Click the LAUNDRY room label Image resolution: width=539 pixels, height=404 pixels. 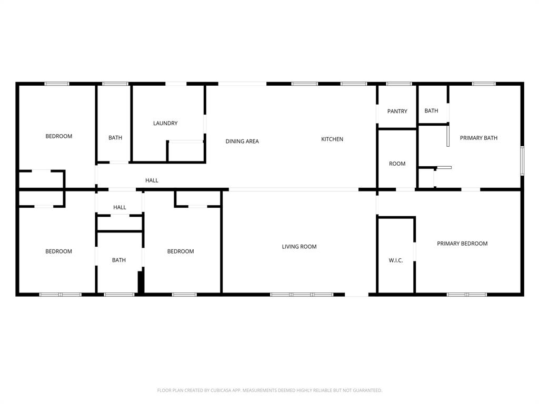pos(165,123)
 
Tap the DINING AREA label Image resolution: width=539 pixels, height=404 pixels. pos(242,141)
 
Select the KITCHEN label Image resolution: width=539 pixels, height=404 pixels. pos(332,139)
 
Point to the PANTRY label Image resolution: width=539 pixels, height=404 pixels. pos(397,111)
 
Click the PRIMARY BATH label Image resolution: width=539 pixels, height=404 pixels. pos(478,138)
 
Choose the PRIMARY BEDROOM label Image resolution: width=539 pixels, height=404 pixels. pos(462,243)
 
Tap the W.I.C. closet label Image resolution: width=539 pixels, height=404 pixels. pos(396,260)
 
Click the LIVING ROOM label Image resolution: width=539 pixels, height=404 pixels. pos(299,246)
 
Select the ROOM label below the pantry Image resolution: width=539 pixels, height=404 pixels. pos(397,164)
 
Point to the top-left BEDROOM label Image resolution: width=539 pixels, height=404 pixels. pos(58,136)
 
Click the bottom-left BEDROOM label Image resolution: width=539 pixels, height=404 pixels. pos(58,251)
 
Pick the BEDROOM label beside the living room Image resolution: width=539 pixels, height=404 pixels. pos(181,251)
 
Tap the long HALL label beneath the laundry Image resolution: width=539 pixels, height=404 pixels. pos(152,180)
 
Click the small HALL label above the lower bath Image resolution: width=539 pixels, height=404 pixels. pos(119,207)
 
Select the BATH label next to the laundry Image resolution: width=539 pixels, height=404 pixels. pos(115,138)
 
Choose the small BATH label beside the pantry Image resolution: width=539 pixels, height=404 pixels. pos(431,110)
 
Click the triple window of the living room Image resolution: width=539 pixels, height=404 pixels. pos(302,295)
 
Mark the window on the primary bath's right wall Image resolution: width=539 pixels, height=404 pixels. pos(522,161)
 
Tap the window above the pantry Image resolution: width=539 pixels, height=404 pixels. pos(399,84)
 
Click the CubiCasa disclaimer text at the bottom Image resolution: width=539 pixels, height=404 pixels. pos(269,390)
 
